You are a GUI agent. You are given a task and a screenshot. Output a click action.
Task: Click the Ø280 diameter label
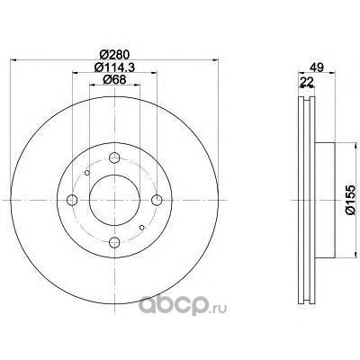coord(114,54)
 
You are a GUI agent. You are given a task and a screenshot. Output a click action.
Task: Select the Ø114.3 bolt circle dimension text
coord(114,67)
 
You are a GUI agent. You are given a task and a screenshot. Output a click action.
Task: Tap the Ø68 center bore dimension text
coord(114,79)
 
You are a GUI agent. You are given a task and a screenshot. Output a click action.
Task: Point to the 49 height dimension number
coord(317,67)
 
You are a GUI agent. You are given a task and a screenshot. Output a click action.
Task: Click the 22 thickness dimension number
coord(306,82)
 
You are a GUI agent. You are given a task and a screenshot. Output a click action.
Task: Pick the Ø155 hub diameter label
coord(350,200)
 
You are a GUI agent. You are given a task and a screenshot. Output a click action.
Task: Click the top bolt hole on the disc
coord(114,157)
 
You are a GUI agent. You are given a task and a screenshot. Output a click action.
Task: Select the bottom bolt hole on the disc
coord(114,242)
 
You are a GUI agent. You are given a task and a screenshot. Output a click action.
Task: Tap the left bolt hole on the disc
coord(72,200)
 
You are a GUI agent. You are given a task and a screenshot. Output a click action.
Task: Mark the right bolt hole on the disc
coord(157,200)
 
